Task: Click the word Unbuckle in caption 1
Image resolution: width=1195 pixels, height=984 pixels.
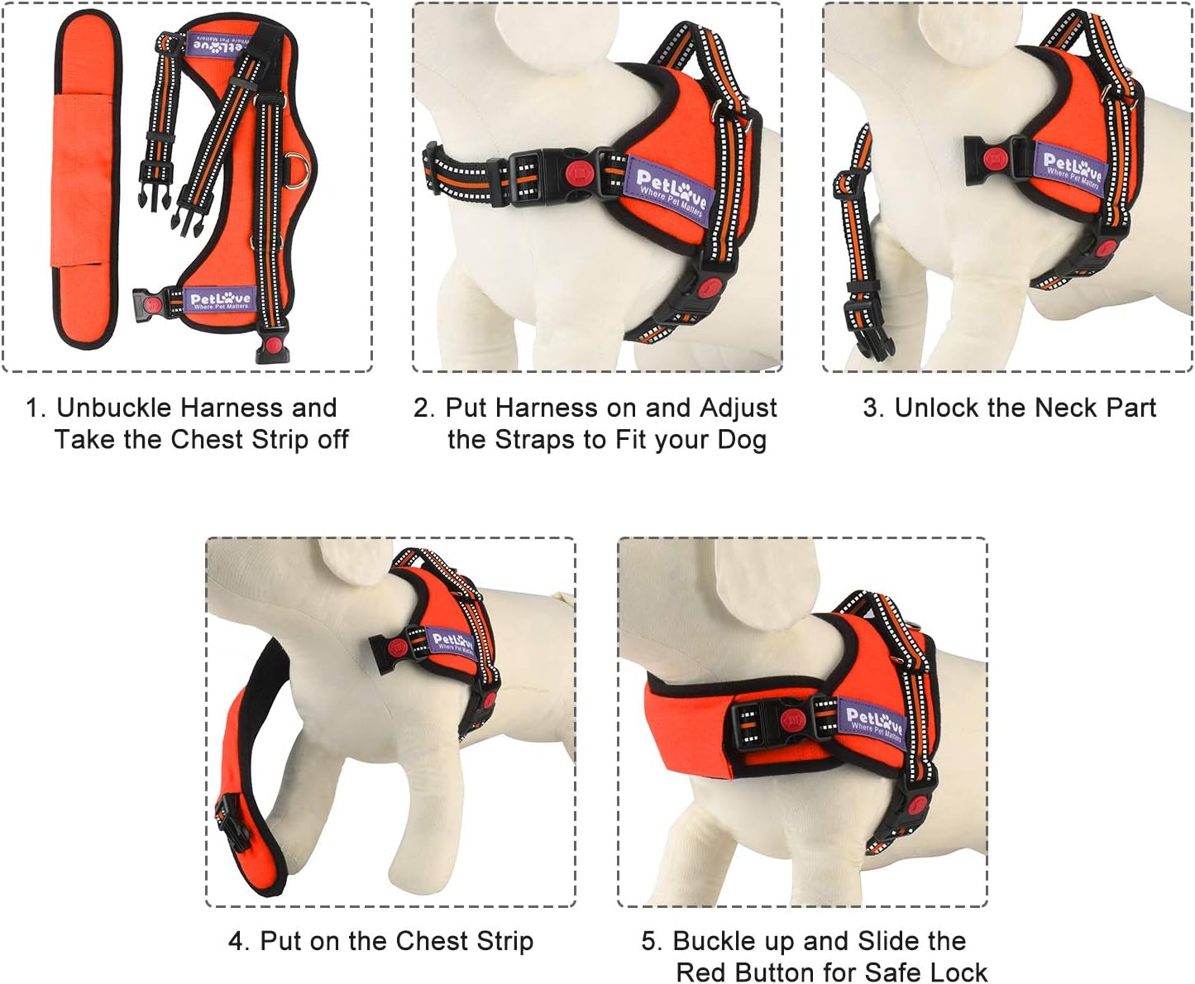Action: pos(115,408)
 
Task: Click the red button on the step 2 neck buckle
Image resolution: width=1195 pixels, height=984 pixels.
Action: pos(576,173)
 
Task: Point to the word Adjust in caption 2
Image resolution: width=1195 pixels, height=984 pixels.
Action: pos(739,408)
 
